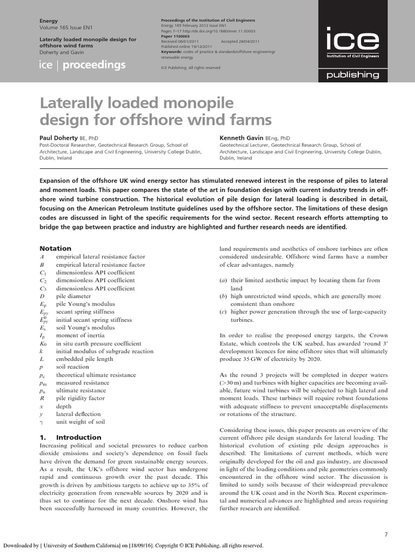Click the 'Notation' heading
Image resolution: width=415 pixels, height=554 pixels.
pos(56,248)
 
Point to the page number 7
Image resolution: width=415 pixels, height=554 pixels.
pos(386,535)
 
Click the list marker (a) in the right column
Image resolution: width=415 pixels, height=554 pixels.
pos(223,280)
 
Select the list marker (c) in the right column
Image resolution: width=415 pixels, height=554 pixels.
pos(223,312)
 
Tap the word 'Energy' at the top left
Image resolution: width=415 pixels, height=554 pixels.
pos(49,21)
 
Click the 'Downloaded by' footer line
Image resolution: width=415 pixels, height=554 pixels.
pos(133,546)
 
